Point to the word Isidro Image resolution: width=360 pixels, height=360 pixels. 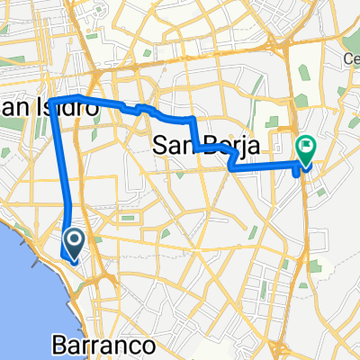pyautogui.click(x=67, y=106)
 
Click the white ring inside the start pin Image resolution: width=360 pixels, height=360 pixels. pyautogui.click(x=74, y=237)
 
